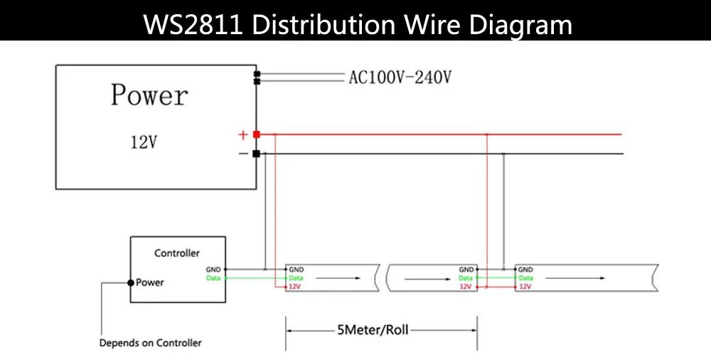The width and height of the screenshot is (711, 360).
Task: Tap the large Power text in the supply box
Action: pyautogui.click(x=149, y=95)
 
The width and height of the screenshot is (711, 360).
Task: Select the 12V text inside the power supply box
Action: pyautogui.click(x=143, y=142)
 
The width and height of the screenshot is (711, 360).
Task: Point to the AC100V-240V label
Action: pyautogui.click(x=400, y=77)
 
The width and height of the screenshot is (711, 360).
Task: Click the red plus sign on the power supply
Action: pyautogui.click(x=242, y=134)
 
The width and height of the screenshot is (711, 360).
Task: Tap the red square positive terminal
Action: pyautogui.click(x=256, y=134)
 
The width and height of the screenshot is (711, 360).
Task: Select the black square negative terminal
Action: pyautogui.click(x=256, y=153)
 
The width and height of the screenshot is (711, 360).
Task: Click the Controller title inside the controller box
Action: pyautogui.click(x=177, y=253)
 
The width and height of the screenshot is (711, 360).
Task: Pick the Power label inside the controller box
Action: pyautogui.click(x=150, y=282)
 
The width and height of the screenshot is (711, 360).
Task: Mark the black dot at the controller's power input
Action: pyautogui.click(x=130, y=282)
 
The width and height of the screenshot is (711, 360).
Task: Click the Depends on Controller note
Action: pyautogui.click(x=150, y=343)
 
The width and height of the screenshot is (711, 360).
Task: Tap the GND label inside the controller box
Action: pyautogui.click(x=213, y=270)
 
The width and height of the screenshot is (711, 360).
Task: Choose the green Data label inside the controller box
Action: pyautogui.click(x=213, y=278)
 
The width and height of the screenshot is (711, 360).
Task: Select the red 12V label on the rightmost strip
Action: pyautogui.click(x=525, y=287)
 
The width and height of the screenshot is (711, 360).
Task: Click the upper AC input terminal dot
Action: pyautogui.click(x=257, y=73)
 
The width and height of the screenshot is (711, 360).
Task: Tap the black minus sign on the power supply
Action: pyautogui.click(x=243, y=153)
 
